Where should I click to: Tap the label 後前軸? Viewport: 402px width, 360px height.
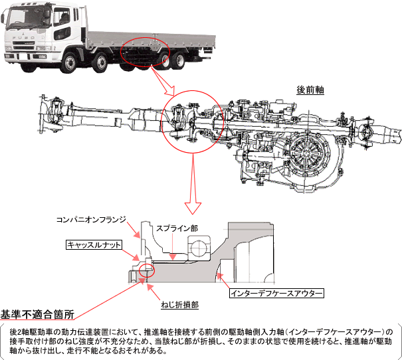click(x=310, y=89)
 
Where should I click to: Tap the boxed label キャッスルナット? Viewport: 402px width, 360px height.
click(x=94, y=244)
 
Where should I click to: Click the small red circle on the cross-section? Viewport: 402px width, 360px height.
click(x=146, y=270)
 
